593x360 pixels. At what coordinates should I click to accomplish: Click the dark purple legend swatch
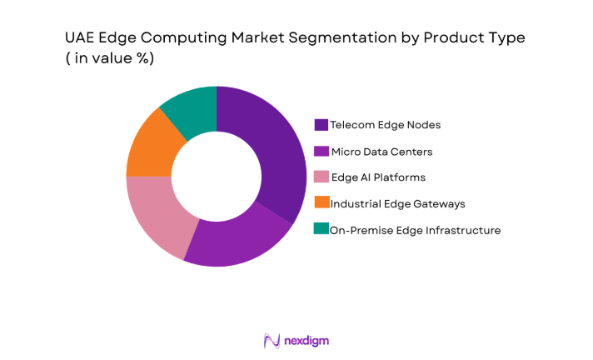pos(321,125)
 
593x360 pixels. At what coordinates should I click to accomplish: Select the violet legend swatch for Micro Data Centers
pos(321,151)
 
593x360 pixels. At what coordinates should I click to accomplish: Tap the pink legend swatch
pos(321,177)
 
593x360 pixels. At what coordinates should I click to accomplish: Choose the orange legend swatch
pos(321,202)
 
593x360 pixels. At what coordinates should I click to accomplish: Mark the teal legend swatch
pos(321,228)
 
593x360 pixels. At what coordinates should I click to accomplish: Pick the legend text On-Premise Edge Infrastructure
pos(415,229)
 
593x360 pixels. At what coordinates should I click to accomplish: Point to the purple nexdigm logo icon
pos(272,340)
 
